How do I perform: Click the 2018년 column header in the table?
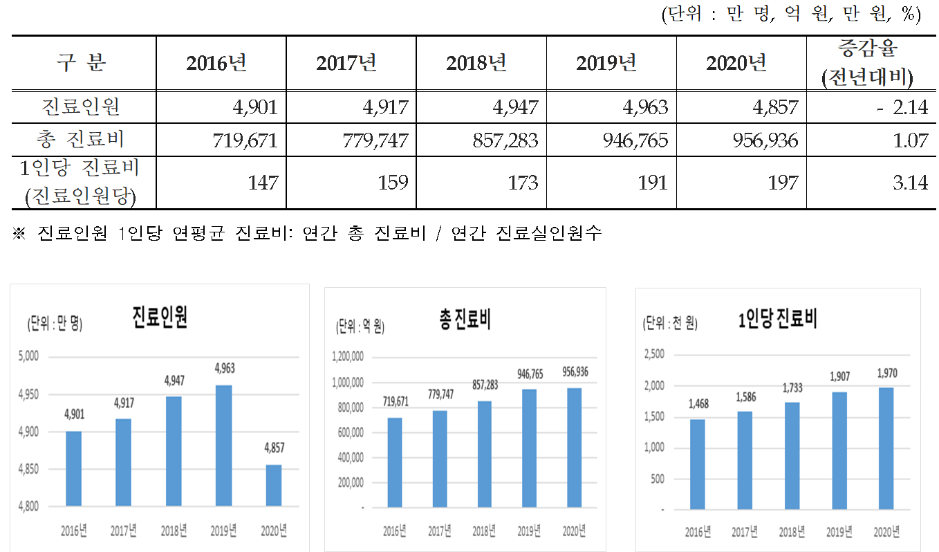click(x=481, y=64)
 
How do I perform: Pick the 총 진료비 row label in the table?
click(x=83, y=140)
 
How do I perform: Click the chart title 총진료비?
click(x=465, y=320)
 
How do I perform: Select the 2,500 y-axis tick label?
click(x=653, y=354)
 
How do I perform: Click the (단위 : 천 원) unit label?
click(x=671, y=322)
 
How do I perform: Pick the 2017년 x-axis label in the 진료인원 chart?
click(x=123, y=531)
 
